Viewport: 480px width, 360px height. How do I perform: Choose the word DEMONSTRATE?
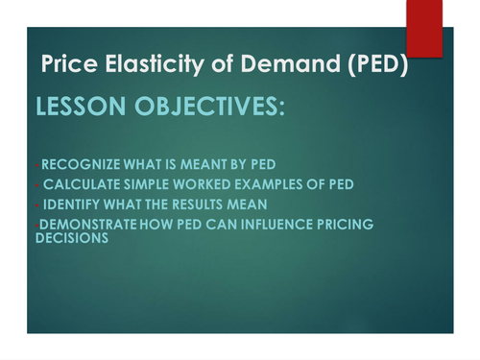click(87, 224)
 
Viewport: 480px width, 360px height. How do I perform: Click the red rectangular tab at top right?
click(423, 27)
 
